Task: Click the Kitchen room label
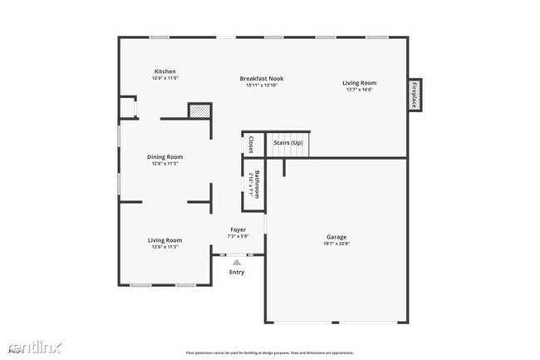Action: pyautogui.click(x=164, y=72)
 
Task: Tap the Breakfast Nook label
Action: pyautogui.click(x=263, y=79)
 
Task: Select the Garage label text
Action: pyautogui.click(x=336, y=237)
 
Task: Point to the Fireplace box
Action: pyautogui.click(x=414, y=94)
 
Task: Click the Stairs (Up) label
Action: pyautogui.click(x=288, y=143)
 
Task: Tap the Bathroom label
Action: pyautogui.click(x=258, y=182)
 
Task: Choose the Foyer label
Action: pyautogui.click(x=238, y=229)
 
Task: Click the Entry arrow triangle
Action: pyautogui.click(x=237, y=262)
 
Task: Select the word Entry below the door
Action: pyautogui.click(x=237, y=272)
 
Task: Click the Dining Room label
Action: pyautogui.click(x=164, y=156)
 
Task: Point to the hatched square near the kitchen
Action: pyautogui.click(x=198, y=111)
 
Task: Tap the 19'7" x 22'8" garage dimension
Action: pyautogui.click(x=336, y=244)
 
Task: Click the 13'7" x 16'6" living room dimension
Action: pyautogui.click(x=360, y=89)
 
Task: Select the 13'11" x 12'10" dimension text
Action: pyautogui.click(x=263, y=86)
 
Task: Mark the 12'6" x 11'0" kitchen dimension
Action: pyautogui.click(x=164, y=78)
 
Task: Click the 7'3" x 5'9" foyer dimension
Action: pyautogui.click(x=238, y=236)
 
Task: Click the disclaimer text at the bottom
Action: pyautogui.click(x=270, y=353)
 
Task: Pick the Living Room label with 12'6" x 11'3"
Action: pyautogui.click(x=164, y=240)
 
